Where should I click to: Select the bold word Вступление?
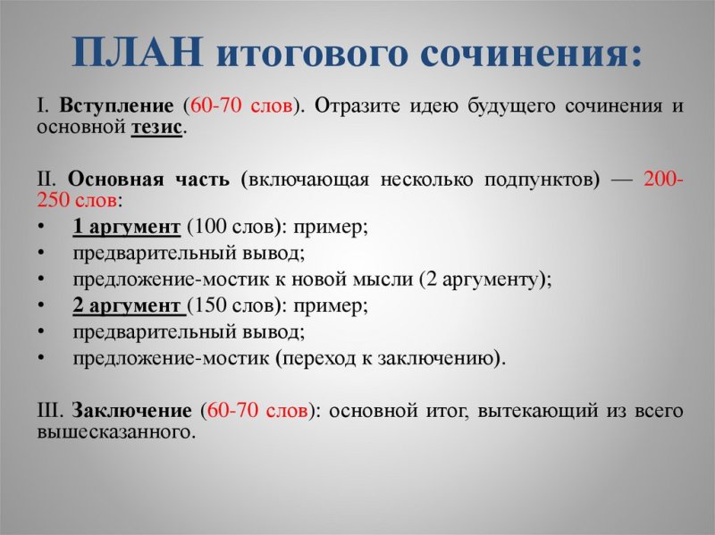117,105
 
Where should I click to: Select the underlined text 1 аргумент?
126,226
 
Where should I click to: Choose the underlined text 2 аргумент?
128,305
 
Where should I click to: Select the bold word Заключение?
131,411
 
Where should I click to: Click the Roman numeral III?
49,411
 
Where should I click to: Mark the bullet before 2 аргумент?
42,305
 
